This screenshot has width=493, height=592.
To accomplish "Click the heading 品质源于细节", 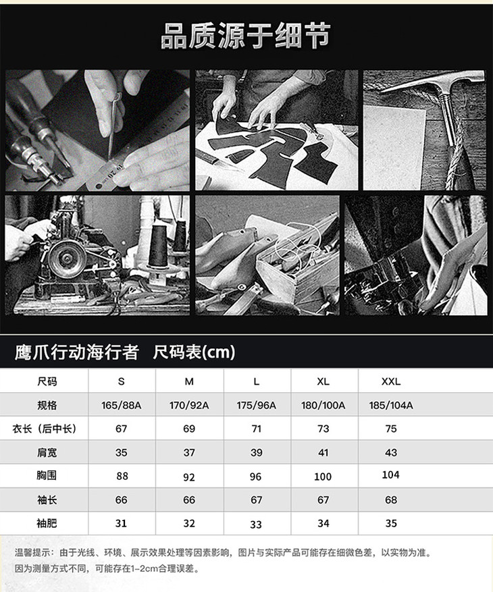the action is pyautogui.click(x=246, y=36).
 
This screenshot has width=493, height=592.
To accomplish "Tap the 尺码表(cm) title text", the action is pyautogui.click(x=194, y=352).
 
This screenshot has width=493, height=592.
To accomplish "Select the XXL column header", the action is pyautogui.click(x=390, y=381).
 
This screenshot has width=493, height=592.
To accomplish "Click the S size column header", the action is pyautogui.click(x=122, y=381).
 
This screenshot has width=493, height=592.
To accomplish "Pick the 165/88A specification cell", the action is pyautogui.click(x=122, y=405).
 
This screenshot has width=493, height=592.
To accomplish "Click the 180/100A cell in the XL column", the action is pyautogui.click(x=323, y=405).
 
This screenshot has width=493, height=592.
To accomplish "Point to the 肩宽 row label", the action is pyautogui.click(x=47, y=452).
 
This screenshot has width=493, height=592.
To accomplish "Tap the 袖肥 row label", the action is pyautogui.click(x=47, y=523).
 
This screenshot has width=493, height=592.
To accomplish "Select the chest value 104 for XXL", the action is pyautogui.click(x=390, y=475).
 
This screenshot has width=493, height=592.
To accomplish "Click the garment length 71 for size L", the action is pyautogui.click(x=256, y=429).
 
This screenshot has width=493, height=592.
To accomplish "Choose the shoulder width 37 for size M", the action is pyautogui.click(x=189, y=452).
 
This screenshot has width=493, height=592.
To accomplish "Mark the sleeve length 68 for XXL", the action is pyautogui.click(x=391, y=500).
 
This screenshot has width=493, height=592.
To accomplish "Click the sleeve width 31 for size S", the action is pyautogui.click(x=121, y=523).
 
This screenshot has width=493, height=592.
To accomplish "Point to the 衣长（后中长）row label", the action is pyautogui.click(x=44, y=429).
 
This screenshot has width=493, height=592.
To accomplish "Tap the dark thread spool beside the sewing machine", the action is pyautogui.click(x=157, y=246).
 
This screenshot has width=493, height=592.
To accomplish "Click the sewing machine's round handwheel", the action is pyautogui.click(x=67, y=259).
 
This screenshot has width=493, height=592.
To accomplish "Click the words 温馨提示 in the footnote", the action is pyautogui.click(x=33, y=553).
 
